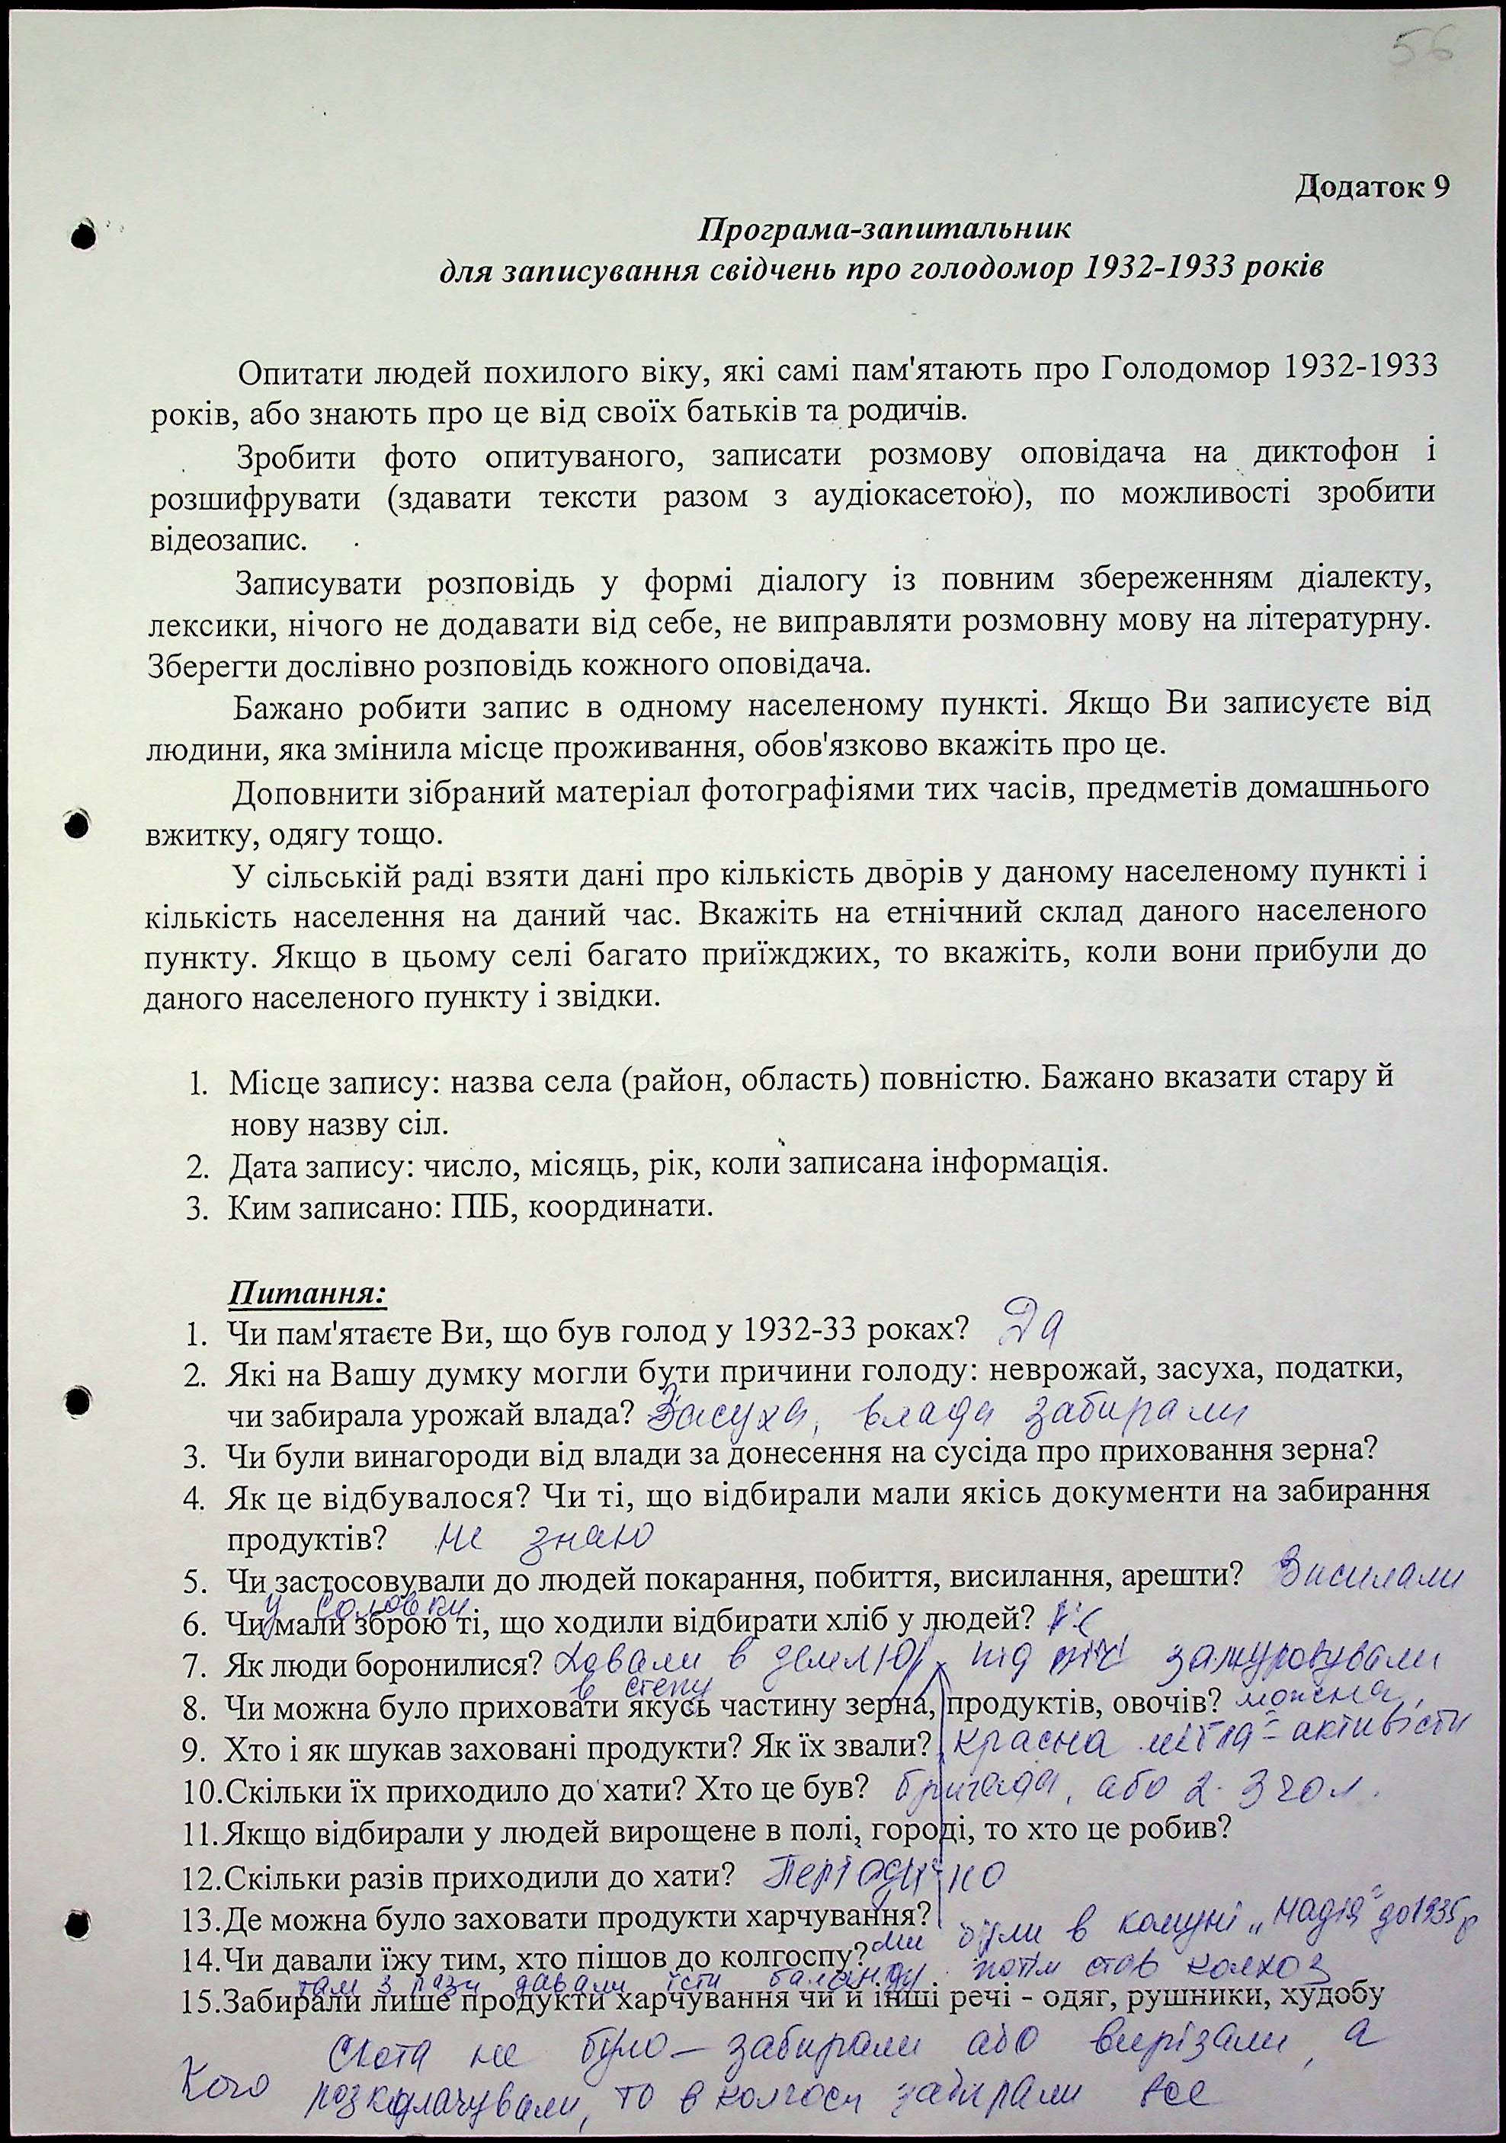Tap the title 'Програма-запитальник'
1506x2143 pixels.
click(881, 228)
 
